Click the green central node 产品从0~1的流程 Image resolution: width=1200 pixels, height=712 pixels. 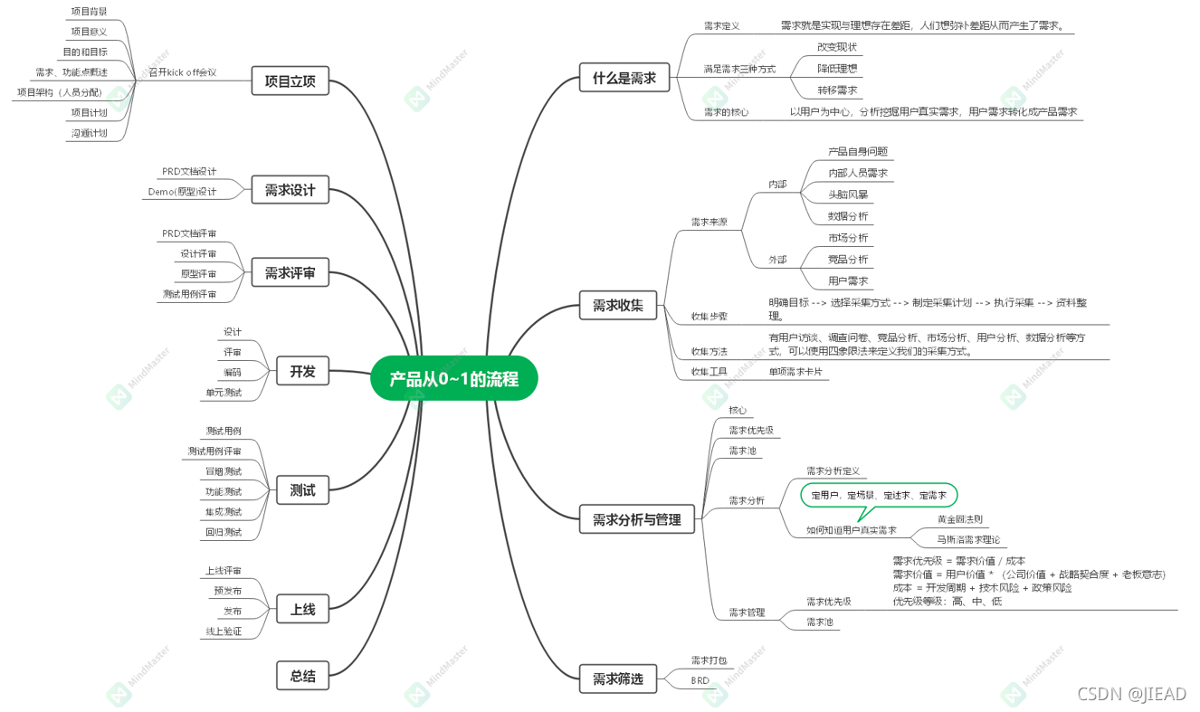click(x=453, y=379)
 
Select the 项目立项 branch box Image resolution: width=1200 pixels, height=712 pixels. click(x=290, y=80)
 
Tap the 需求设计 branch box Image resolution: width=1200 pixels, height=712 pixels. click(x=290, y=190)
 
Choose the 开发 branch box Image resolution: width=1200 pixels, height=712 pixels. click(x=302, y=371)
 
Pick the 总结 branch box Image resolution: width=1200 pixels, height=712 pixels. click(x=302, y=675)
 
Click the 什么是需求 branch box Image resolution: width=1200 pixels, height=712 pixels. click(x=624, y=78)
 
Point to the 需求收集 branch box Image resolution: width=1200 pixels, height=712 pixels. click(x=617, y=306)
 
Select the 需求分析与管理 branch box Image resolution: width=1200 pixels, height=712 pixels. click(x=636, y=519)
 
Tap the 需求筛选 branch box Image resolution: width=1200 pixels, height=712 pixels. click(x=617, y=679)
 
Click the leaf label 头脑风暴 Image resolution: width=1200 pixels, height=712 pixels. click(x=848, y=195)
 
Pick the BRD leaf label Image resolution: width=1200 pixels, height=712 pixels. click(x=700, y=680)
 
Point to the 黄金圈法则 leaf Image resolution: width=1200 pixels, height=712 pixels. click(x=959, y=519)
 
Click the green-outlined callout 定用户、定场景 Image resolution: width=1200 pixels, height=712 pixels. click(x=879, y=496)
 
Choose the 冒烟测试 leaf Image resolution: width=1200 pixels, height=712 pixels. click(x=224, y=471)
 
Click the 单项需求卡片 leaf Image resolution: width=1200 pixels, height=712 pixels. click(x=795, y=371)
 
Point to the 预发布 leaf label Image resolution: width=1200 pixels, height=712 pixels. click(x=227, y=591)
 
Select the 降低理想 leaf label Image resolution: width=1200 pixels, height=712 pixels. click(x=836, y=68)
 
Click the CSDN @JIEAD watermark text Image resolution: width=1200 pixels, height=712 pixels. click(x=1131, y=694)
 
